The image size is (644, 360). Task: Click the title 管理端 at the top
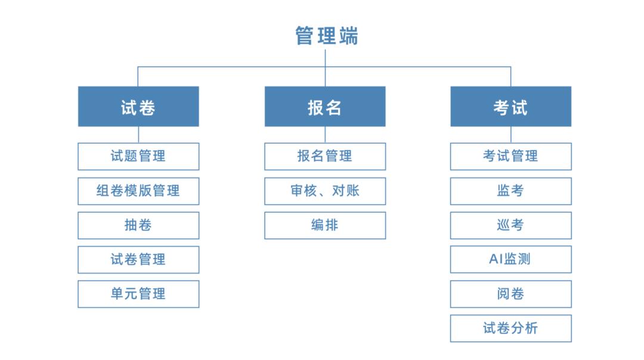(327, 36)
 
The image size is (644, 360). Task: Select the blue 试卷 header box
(138, 107)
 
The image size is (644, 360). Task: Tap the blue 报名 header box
(325, 107)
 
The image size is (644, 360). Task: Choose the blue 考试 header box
(510, 107)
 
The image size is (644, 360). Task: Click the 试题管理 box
(138, 156)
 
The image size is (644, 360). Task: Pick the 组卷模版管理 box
(138, 191)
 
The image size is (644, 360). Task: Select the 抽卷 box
(138, 225)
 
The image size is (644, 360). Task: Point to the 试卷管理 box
(138, 260)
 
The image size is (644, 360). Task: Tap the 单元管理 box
(138, 294)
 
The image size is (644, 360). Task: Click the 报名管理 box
(325, 156)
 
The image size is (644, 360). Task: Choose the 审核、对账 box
(325, 191)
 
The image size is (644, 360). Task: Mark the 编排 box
(325, 225)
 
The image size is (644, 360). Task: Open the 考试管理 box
(510, 156)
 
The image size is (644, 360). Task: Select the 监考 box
(510, 191)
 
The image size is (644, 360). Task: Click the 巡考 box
(510, 225)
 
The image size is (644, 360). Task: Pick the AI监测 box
(510, 260)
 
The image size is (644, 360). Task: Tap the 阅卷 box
(510, 294)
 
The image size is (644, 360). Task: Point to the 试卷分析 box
(510, 328)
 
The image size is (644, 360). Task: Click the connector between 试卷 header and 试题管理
(138, 135)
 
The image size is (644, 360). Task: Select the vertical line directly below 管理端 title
(325, 58)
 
